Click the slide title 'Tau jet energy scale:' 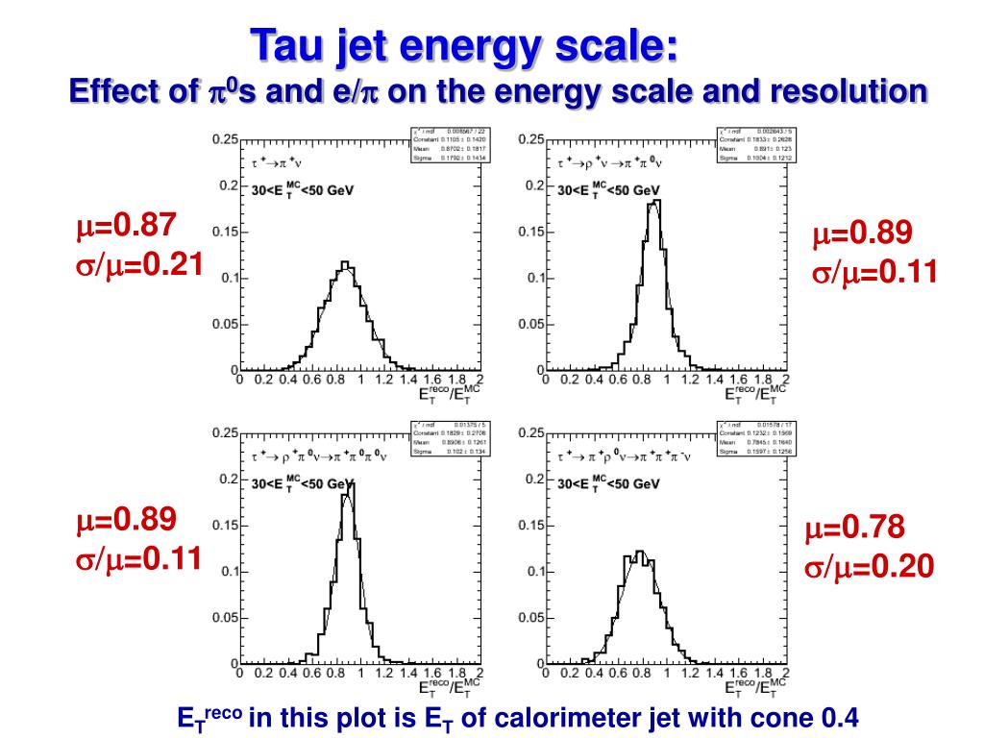pyautogui.click(x=464, y=45)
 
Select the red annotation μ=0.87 pyautogui.click(x=127, y=227)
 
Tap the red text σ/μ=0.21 pyautogui.click(x=139, y=262)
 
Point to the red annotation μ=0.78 pyautogui.click(x=855, y=528)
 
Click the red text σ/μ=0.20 pyautogui.click(x=869, y=567)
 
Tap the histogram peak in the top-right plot pyautogui.click(x=654, y=203)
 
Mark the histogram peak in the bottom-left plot pyautogui.click(x=350, y=484)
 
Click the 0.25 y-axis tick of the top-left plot pyautogui.click(x=224, y=139)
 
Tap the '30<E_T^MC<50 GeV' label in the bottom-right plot pyautogui.click(x=608, y=485)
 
